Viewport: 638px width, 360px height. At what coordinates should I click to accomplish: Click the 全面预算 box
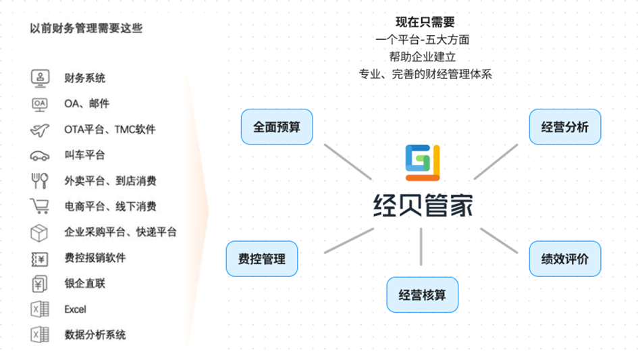277,126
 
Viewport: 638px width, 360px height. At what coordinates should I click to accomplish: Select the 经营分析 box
565,126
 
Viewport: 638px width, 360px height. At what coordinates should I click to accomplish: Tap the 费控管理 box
261,259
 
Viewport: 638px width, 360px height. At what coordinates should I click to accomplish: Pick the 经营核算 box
422,294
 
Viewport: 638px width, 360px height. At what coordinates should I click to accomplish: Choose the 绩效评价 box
565,259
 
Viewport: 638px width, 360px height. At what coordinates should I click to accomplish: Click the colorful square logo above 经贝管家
423,163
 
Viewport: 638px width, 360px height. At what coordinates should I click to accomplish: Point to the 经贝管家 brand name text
423,203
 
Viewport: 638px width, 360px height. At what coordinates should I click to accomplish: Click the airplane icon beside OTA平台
40,129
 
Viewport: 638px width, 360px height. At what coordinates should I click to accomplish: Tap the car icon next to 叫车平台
40,155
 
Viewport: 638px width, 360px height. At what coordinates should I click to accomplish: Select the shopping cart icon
40,206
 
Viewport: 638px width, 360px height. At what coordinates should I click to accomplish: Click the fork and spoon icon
40,180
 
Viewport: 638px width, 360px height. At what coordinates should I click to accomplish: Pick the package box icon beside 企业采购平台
40,232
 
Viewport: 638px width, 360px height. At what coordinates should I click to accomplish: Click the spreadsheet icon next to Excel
40,309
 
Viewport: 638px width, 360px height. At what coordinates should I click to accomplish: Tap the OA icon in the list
40,104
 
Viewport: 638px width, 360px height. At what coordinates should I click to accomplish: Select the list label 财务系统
85,78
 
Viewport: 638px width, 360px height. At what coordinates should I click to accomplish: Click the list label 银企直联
85,284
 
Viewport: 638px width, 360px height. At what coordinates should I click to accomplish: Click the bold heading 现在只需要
425,22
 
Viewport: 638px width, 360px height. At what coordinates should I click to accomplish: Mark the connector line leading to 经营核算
421,247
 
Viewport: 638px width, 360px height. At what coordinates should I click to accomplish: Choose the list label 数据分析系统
95,335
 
